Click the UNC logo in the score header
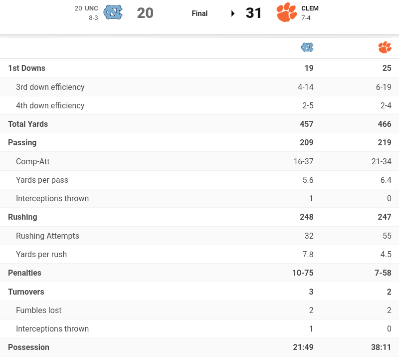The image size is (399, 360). point(113,13)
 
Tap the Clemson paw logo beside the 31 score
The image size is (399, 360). point(287,13)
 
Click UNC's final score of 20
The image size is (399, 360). point(145,13)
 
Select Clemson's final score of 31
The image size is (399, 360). point(254,13)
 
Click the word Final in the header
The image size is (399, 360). point(199,13)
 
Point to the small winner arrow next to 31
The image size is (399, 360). point(233,13)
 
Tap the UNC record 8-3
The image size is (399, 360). point(93,18)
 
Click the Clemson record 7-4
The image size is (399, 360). point(307,18)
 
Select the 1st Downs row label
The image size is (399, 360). point(26,68)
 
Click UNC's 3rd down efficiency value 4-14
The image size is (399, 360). point(306,87)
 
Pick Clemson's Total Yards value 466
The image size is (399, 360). point(385,124)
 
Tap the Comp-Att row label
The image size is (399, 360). point(33,161)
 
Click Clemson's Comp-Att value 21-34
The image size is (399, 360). point(381,161)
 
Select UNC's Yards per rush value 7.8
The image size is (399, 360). point(308,254)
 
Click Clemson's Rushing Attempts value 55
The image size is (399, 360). point(386,236)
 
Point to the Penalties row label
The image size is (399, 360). point(24,273)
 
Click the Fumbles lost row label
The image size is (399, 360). point(39,310)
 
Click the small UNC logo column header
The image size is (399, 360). point(307,47)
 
